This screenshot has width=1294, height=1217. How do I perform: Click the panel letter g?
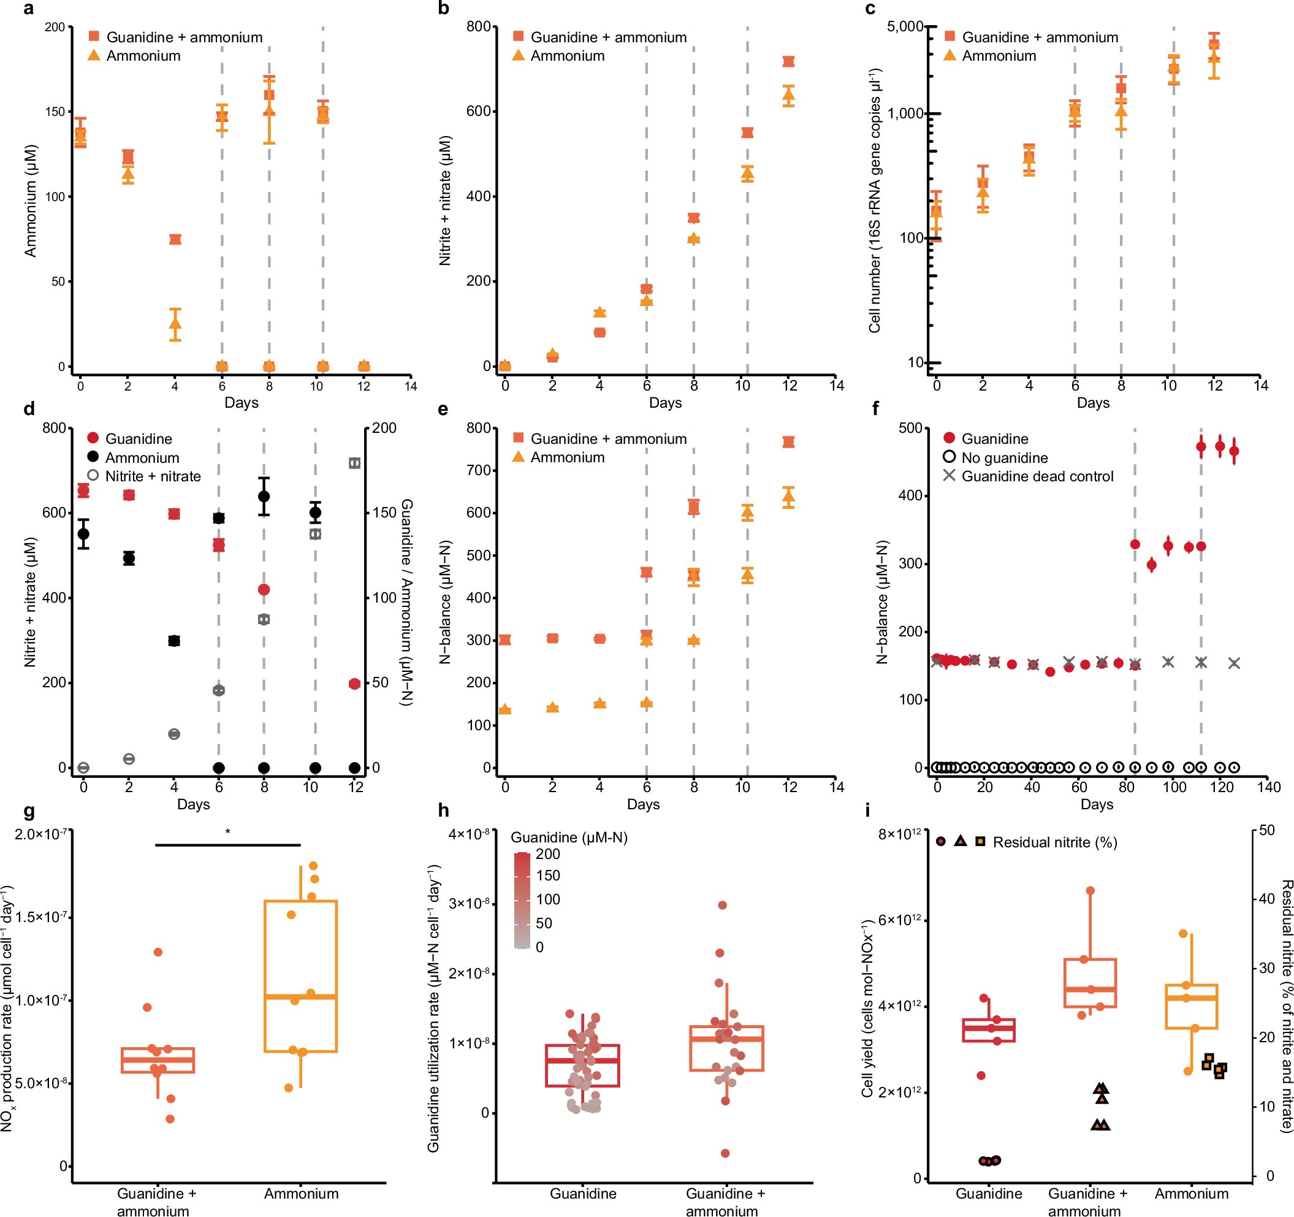point(28,811)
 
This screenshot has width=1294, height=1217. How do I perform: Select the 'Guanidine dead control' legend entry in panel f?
point(1037,476)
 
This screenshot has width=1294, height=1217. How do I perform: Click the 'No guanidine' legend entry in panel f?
point(1004,458)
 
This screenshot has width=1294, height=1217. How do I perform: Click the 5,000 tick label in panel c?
point(905,27)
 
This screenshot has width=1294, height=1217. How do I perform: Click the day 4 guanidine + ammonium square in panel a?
point(175,240)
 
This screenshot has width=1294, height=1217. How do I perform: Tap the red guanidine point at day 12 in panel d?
point(354,683)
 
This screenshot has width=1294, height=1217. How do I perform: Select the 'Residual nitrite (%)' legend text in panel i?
point(1054,842)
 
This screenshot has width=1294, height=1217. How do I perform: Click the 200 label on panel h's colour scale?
point(547,853)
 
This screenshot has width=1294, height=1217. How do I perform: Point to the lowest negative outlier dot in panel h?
point(725,1153)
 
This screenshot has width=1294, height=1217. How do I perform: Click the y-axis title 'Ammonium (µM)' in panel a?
point(31,200)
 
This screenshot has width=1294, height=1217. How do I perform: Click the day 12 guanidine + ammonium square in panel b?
point(789,62)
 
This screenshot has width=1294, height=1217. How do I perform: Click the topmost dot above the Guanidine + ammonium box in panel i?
point(1090,891)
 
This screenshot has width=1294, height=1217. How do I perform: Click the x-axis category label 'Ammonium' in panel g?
point(301,1194)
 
